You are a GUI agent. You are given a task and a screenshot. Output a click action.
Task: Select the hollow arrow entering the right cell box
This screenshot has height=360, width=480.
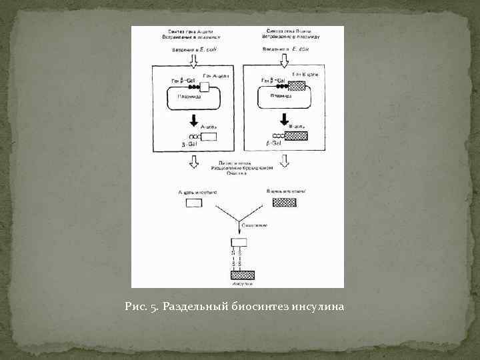pyautogui.click(x=285, y=60)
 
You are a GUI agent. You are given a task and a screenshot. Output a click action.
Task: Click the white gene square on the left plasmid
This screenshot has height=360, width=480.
pyautogui.click(x=205, y=87)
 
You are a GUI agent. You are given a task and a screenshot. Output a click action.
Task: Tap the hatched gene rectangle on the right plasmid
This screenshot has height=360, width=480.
pyautogui.click(x=295, y=86)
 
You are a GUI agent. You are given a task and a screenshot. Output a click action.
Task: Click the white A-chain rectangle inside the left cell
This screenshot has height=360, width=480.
pyautogui.click(x=209, y=137)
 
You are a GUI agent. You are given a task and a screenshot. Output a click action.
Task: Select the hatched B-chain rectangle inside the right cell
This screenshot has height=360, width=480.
pyautogui.click(x=297, y=136)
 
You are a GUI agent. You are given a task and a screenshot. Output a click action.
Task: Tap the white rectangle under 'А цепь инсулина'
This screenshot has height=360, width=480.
pyautogui.click(x=193, y=203)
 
